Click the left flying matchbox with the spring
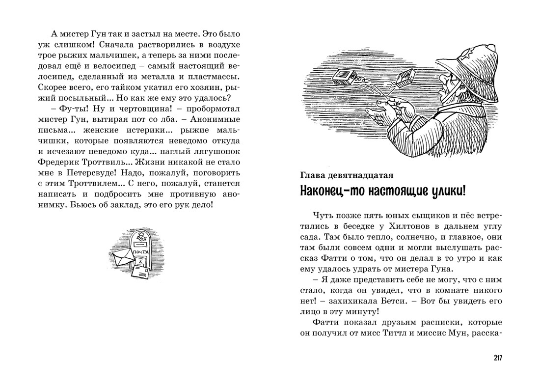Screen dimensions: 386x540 tap(344, 77)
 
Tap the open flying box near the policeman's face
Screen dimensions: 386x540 tap(405, 79)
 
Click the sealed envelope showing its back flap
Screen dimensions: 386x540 tap(122, 255)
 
